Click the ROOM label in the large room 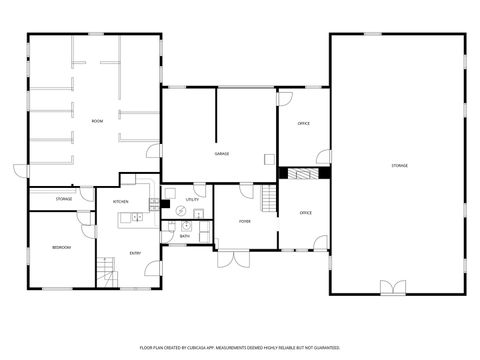click(x=97, y=121)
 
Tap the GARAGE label click(x=221, y=154)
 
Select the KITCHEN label click(x=121, y=202)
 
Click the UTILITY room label click(x=192, y=200)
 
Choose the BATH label click(x=185, y=236)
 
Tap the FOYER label click(x=245, y=221)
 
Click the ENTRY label click(x=135, y=253)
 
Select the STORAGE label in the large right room click(x=399, y=165)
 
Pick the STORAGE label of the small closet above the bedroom click(x=63, y=199)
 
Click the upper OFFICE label click(x=304, y=124)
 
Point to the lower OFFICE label click(x=306, y=213)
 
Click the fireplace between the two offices click(x=303, y=173)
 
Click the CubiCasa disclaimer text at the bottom click(x=239, y=346)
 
